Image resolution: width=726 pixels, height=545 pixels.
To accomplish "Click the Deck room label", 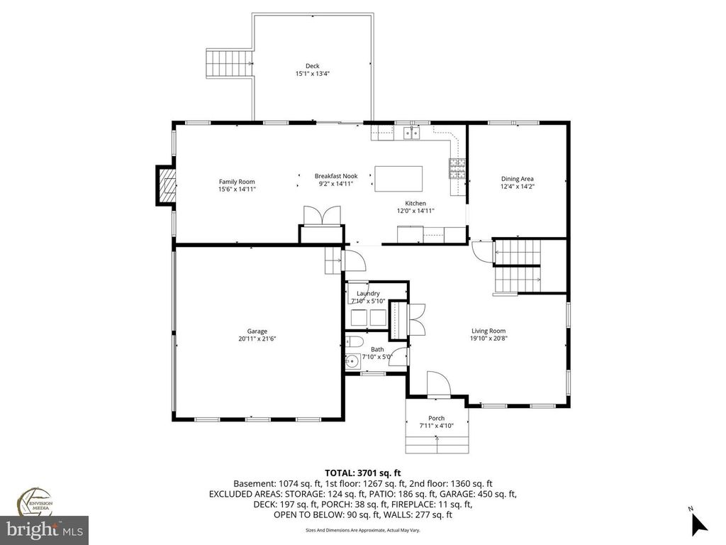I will tap(313, 66).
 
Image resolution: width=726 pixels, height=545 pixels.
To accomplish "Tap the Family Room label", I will tap(237, 182).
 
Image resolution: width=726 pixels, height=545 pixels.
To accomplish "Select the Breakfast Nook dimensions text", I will tap(336, 184).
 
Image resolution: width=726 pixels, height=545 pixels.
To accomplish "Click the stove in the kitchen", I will tap(455, 168).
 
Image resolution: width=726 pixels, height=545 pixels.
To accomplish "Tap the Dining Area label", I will tap(517, 179).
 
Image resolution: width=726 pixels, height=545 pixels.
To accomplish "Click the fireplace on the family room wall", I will tap(165, 186).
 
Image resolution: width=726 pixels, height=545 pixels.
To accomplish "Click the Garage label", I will tap(257, 331).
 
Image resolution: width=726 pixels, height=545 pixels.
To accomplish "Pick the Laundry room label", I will tap(368, 293).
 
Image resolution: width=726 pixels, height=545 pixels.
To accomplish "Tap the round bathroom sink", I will tap(351, 360).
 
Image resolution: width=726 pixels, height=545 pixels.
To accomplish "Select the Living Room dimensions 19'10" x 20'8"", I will tap(489, 338).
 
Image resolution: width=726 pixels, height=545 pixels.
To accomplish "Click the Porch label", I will tap(436, 418).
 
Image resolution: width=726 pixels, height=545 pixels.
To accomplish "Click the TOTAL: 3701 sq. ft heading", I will tap(363, 472).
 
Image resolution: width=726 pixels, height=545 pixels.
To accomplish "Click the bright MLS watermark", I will tap(44, 529).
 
